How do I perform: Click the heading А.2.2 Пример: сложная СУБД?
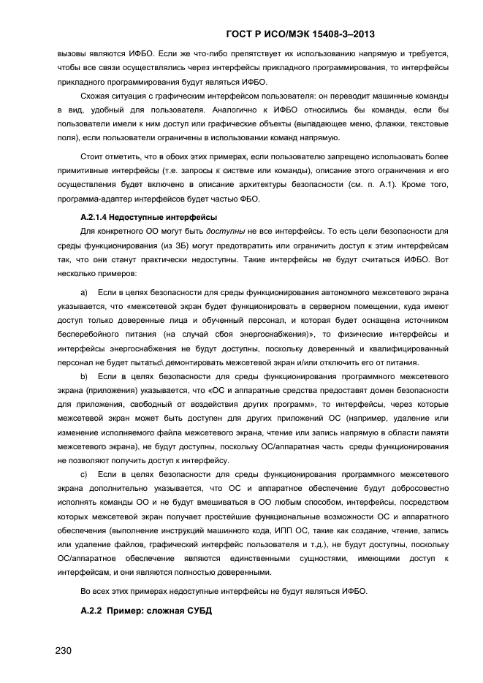point(145,610)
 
